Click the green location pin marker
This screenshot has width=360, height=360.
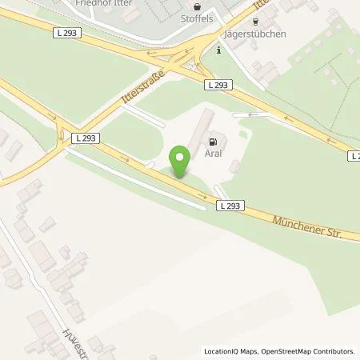coord(181,161)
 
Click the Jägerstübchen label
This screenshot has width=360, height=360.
coord(256,34)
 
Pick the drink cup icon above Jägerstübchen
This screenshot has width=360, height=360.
coord(256,22)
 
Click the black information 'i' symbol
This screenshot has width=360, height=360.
coord(219,50)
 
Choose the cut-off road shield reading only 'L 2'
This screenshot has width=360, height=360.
coord(354,155)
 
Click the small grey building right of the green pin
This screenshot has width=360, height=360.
coord(234,166)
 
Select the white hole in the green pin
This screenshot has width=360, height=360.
coord(181,156)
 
